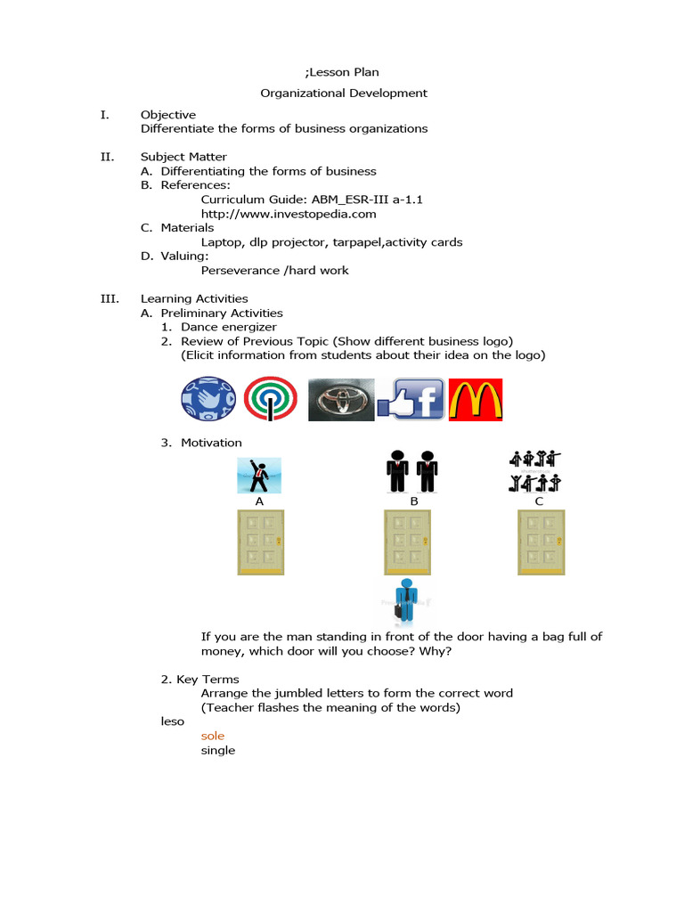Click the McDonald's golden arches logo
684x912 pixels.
[476, 400]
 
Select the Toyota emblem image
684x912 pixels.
[341, 400]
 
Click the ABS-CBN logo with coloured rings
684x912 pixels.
[270, 400]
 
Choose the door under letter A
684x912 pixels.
[260, 541]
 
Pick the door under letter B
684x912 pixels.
[408, 541]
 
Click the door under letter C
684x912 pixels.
[541, 541]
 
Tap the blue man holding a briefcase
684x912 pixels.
[407, 601]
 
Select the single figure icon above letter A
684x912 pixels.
[259, 476]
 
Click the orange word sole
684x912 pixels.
[212, 737]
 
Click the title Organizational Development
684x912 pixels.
[344, 93]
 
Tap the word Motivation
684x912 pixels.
[211, 443]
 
